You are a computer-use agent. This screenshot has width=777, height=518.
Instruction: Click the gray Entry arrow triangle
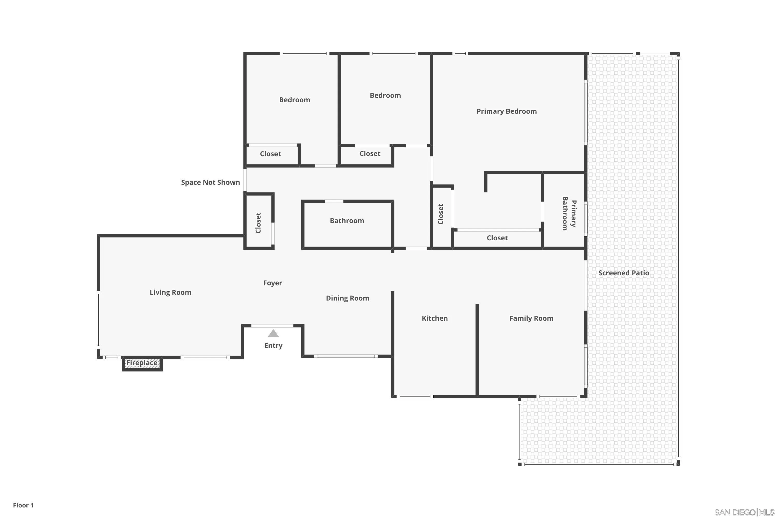tap(273, 334)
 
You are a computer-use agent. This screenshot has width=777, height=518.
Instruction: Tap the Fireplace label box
tap(142, 363)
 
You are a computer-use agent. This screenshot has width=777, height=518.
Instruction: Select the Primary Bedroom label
tap(506, 111)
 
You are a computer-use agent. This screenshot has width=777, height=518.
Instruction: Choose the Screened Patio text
tap(623, 273)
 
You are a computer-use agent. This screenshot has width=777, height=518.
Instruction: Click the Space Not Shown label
tap(210, 182)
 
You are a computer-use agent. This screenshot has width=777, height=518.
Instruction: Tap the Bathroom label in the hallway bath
tap(347, 221)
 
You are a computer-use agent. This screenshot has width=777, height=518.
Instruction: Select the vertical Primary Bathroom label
tap(569, 213)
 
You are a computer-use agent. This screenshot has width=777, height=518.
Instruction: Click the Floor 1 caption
tap(23, 505)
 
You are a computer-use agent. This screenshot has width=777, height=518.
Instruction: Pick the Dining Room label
tap(347, 298)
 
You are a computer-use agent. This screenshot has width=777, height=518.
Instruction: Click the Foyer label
tap(272, 283)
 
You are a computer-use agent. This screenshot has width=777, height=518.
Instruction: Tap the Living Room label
tap(170, 292)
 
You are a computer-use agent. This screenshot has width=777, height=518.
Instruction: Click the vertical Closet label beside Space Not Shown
tap(258, 223)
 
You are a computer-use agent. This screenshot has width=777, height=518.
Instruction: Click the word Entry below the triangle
tap(273, 346)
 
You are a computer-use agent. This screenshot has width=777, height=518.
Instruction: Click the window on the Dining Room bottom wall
tap(346, 356)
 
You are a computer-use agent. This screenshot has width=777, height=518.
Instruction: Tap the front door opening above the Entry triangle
tap(272, 326)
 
